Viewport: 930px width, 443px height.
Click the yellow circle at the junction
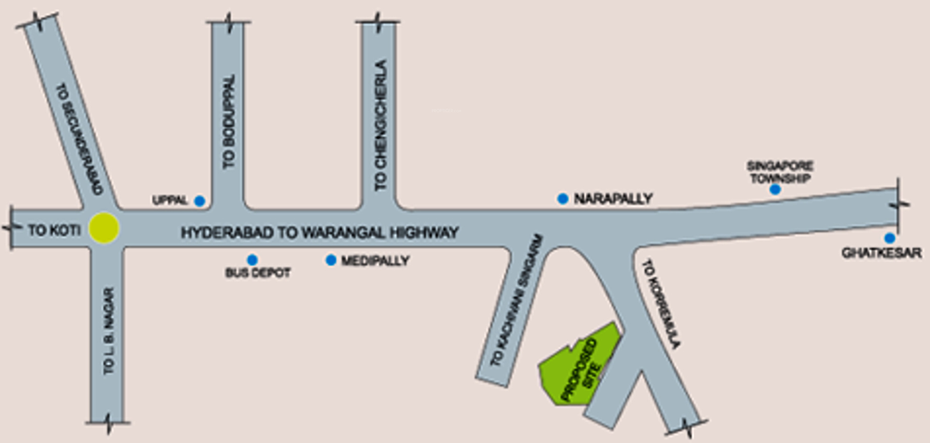coord(104,228)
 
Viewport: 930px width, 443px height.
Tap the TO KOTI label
coord(54,230)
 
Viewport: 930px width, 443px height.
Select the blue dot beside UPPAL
coord(200,201)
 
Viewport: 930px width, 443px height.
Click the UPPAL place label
coord(170,201)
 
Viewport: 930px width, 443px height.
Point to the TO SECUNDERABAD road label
coord(79,139)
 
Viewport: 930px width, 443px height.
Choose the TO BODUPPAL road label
coord(229,122)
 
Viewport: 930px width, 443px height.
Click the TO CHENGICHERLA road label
coord(381,125)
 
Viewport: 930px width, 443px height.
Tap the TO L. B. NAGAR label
coord(109,331)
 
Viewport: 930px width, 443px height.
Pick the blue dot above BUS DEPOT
coord(252,260)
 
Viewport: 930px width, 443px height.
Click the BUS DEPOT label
coord(258,273)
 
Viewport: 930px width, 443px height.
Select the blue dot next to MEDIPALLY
coord(331,260)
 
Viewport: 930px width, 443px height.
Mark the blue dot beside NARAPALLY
coord(563,199)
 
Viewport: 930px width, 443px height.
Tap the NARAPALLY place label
coord(613,199)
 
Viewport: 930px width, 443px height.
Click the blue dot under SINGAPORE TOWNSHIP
coord(775,189)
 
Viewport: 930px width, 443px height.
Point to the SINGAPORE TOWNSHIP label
coord(780,172)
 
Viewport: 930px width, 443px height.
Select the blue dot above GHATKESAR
coord(890,238)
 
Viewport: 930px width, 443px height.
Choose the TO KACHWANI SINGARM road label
coord(516,300)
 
